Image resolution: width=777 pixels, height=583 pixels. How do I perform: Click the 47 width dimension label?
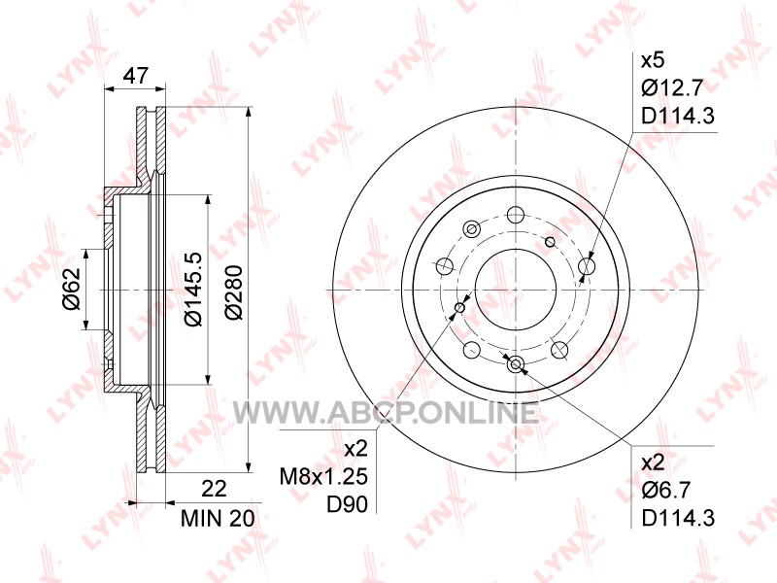pos(135,76)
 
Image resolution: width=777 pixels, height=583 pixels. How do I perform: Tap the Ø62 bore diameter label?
pos(71,289)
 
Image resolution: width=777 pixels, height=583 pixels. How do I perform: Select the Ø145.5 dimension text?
pos(193,289)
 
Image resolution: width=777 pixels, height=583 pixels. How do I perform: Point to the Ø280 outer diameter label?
pos(233,292)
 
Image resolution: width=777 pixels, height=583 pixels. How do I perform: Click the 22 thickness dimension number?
pos(214,489)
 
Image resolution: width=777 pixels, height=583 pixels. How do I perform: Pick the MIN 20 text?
pos(218,519)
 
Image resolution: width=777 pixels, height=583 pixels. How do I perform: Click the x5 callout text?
pos(653,61)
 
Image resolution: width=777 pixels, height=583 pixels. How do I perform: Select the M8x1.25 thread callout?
pos(323,477)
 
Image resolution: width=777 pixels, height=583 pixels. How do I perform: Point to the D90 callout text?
pos(347,504)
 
